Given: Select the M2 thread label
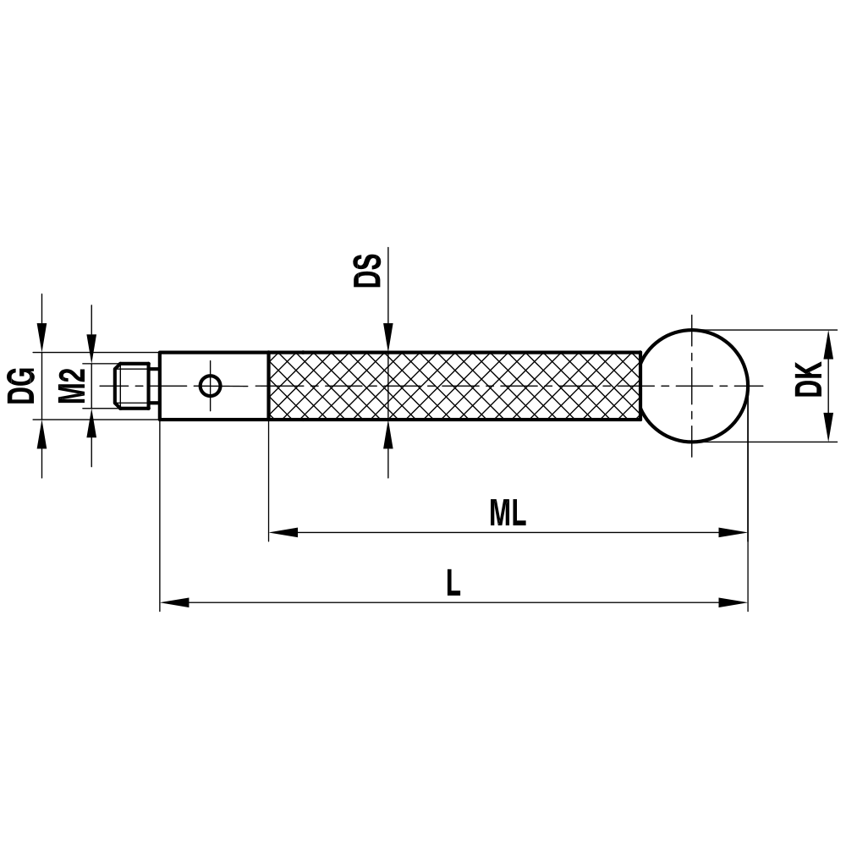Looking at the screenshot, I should [73, 385].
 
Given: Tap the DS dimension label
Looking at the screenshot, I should [367, 269].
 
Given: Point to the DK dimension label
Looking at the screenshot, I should [809, 378].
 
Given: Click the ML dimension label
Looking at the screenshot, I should [507, 514].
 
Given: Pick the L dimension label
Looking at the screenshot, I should [453, 583].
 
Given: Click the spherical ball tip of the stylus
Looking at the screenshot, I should [694, 386].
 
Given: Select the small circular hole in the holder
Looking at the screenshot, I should [211, 386].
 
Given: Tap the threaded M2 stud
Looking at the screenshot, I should [133, 386].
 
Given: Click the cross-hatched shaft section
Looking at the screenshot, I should [453, 386].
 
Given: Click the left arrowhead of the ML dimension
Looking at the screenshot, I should [283, 533].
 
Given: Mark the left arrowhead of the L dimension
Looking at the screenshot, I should [174, 602].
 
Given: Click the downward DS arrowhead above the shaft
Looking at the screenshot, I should [387, 337].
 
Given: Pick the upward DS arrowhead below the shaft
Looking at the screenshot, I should [387, 435].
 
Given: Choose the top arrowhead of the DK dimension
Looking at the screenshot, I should [826, 343].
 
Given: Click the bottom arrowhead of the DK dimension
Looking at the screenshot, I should [826, 428].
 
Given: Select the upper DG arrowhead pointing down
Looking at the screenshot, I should [41, 338].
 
